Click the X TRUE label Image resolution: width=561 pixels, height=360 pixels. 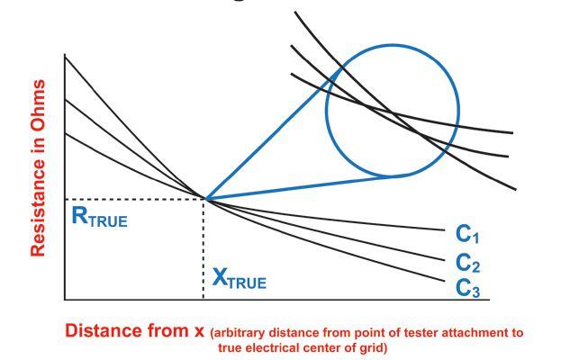pos(239,281)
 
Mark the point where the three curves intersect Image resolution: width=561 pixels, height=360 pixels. pos(205,198)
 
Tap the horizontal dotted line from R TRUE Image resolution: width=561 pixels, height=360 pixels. pos(135,199)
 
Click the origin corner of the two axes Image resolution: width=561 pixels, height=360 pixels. pos(65,299)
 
